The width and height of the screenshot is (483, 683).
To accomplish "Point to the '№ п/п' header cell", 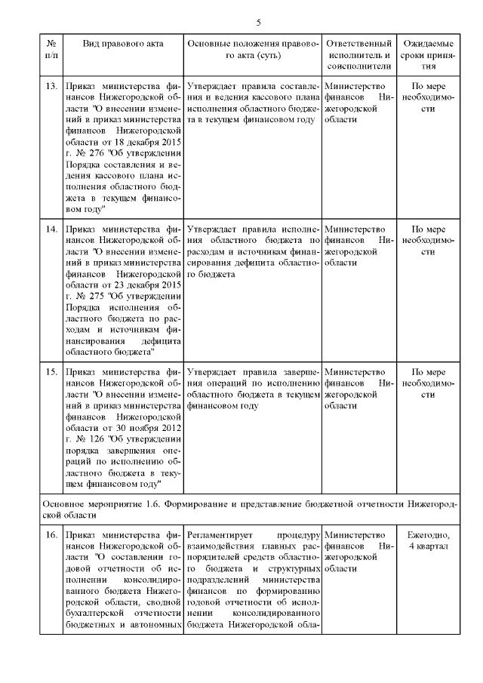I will (51, 49).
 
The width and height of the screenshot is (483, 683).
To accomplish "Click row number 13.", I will (52, 86).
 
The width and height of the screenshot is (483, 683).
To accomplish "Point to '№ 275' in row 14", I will (91, 297).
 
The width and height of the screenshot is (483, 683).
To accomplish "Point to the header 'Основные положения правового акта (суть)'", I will (254, 49).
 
